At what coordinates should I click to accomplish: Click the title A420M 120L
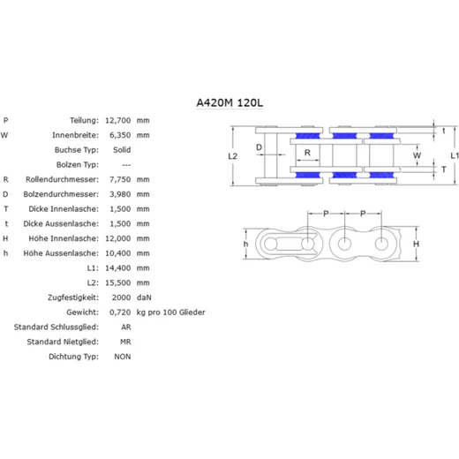coord(229,102)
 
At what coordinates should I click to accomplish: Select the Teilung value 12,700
coord(118,120)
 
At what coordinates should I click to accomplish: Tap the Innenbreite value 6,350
coord(120,135)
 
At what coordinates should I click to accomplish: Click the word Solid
coord(122,150)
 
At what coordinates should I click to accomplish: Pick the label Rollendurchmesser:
coord(62,179)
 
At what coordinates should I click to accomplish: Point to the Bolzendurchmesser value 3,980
coord(120,194)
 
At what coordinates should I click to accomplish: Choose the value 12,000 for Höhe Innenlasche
coord(118,238)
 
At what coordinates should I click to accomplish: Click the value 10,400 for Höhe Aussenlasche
coord(118,253)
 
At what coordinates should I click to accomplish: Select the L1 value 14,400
coord(118,267)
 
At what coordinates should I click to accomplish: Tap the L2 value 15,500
coord(118,282)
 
